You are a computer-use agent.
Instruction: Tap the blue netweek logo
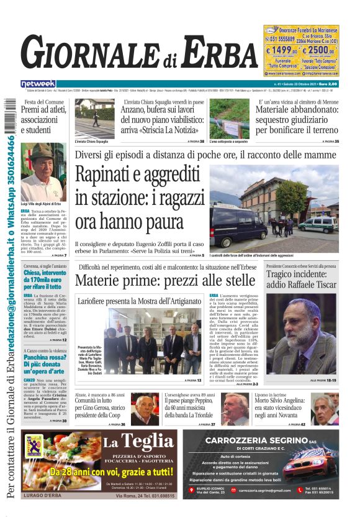[x=38, y=83]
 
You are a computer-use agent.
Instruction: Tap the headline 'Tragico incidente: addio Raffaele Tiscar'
[x=301, y=279]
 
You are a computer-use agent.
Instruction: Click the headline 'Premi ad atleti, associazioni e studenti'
[x=42, y=120]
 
